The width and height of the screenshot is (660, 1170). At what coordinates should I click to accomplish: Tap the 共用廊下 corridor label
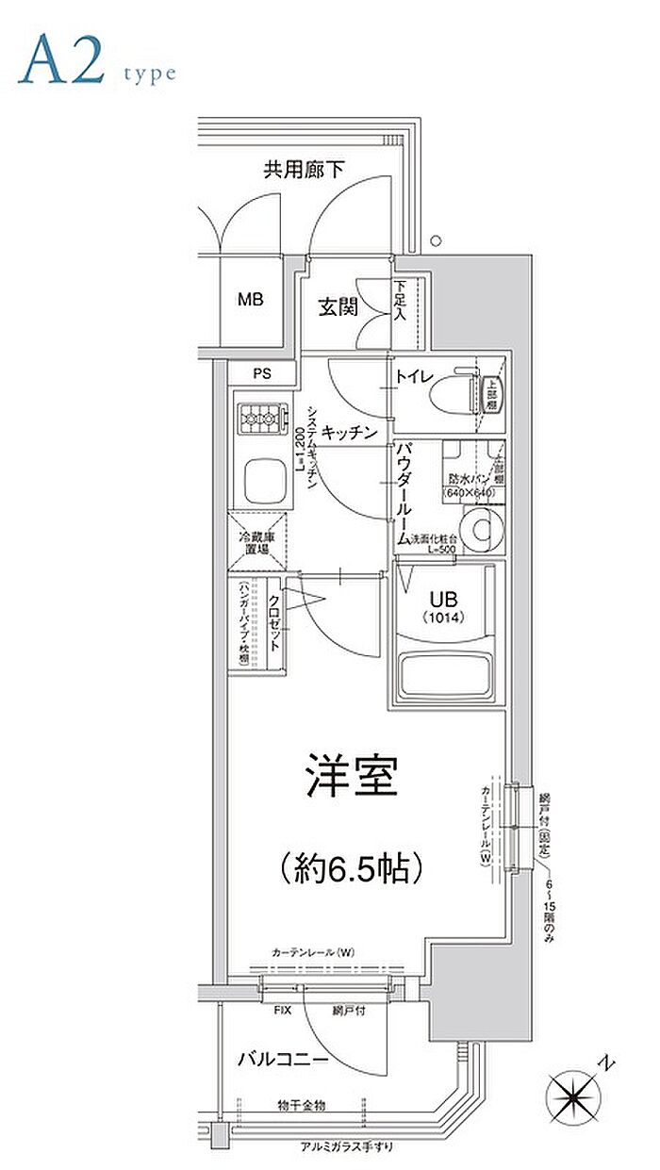303,171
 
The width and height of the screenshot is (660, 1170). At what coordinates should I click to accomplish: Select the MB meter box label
250,301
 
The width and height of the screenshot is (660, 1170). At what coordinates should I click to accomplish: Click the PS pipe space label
261,373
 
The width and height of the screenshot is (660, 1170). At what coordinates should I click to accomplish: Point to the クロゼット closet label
272,621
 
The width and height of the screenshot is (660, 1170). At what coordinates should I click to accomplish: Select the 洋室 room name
350,779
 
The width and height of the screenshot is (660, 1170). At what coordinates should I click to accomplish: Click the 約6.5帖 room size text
350,865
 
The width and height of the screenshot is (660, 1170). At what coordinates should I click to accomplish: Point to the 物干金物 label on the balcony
301,1104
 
